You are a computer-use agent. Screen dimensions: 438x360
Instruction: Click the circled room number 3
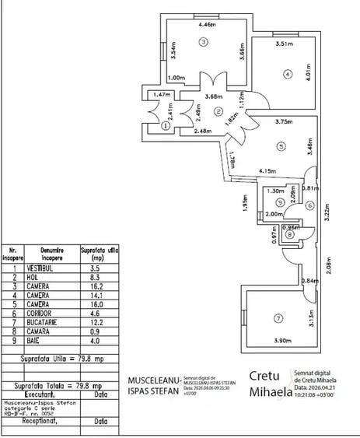click(x=204, y=42)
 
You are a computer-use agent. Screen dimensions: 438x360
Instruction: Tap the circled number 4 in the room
click(x=288, y=74)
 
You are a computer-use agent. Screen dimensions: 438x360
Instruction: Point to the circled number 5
click(x=280, y=145)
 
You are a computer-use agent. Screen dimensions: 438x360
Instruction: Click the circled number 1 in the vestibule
click(x=166, y=124)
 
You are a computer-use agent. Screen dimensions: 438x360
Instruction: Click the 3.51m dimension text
click(x=284, y=44)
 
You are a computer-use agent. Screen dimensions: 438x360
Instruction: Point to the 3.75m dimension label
click(x=284, y=121)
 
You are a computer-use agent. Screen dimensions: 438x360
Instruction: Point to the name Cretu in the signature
click(x=264, y=376)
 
